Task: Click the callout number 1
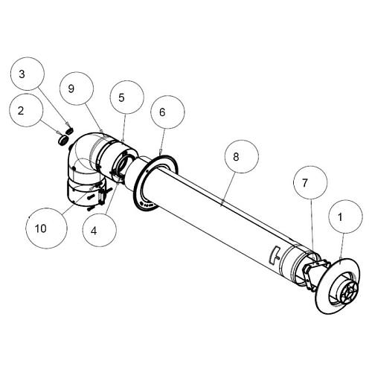tap(340, 217)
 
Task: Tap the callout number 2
tap(21, 111)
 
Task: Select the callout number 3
tap(22, 74)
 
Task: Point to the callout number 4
tap(94, 231)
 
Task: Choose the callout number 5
tap(121, 97)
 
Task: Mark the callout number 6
tap(162, 112)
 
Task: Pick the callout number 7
tap(305, 183)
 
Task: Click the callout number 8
tap(236, 157)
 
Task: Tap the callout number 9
tap(71, 89)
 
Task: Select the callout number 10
tap(41, 228)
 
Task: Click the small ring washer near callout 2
tap(62, 140)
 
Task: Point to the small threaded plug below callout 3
tap(70, 130)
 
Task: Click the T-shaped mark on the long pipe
tap(275, 254)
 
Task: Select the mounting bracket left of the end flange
tap(315, 273)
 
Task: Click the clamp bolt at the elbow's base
tap(102, 195)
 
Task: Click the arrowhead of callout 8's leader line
tap(222, 204)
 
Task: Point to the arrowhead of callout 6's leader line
tap(161, 154)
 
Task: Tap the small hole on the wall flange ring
tap(147, 171)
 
